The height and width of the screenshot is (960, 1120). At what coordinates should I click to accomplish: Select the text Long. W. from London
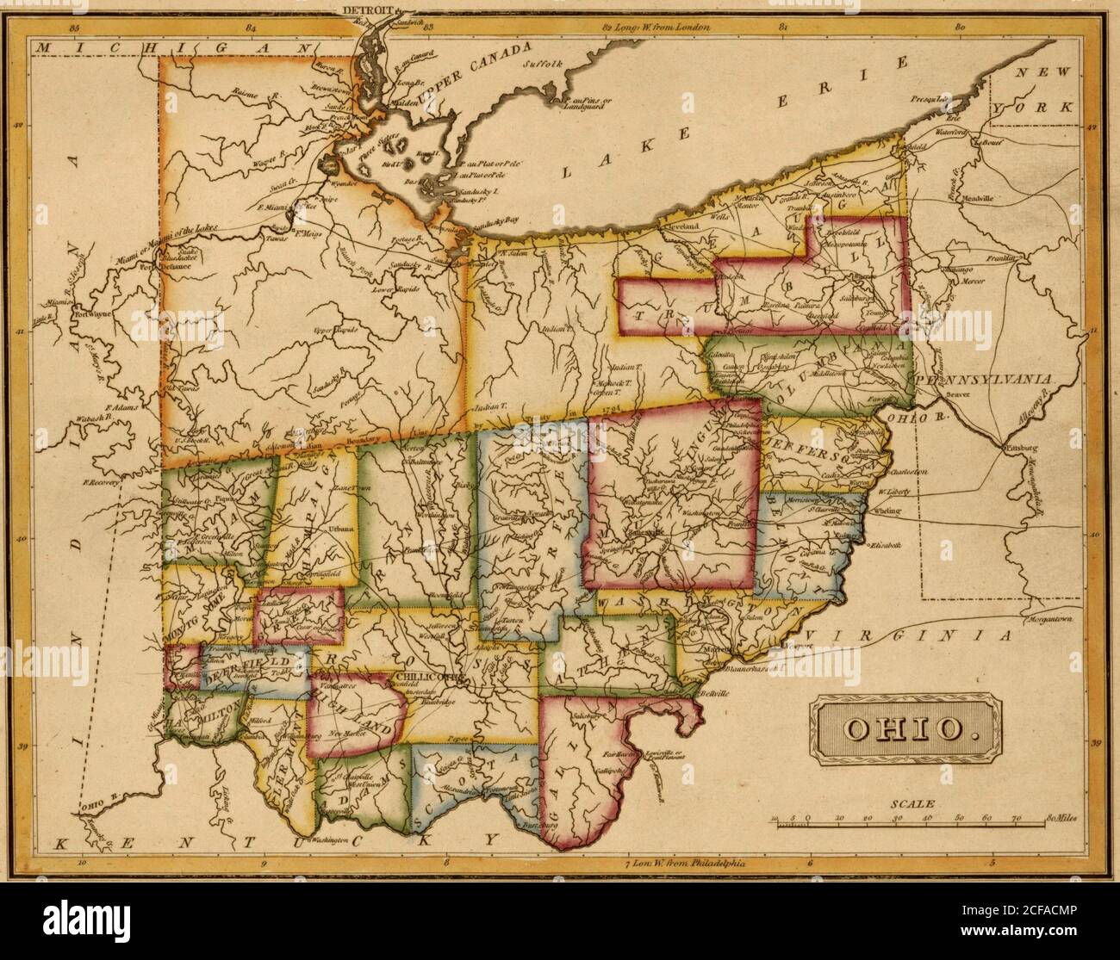pyautogui.click(x=655, y=28)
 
